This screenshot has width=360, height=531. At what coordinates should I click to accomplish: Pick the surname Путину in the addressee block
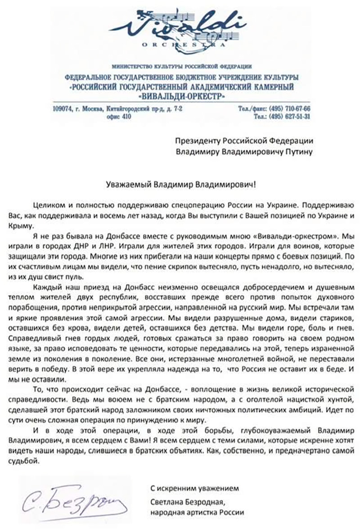point(299,151)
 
